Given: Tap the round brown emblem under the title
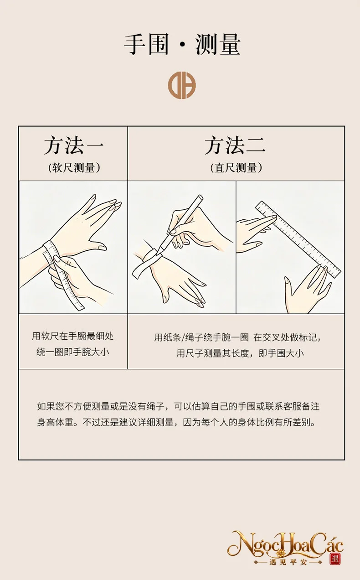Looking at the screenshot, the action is (182, 85).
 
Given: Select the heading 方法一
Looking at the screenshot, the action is (74, 145).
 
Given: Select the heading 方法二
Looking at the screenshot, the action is (235, 145).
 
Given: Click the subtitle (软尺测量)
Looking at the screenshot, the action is (74, 168).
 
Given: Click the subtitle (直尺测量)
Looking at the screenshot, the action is (236, 168).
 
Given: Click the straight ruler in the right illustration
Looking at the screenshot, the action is (298, 239).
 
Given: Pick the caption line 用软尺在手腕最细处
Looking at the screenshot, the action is (73, 336).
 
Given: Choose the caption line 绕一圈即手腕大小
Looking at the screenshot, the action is (73, 352).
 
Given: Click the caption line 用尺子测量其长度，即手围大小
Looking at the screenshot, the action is (240, 353).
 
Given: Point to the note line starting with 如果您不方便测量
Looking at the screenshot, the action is (178, 406).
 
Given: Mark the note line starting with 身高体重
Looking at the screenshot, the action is (176, 422).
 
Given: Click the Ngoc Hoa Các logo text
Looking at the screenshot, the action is (285, 543).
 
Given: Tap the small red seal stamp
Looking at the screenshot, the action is (335, 559).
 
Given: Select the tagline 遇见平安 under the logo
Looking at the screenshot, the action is (288, 562).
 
